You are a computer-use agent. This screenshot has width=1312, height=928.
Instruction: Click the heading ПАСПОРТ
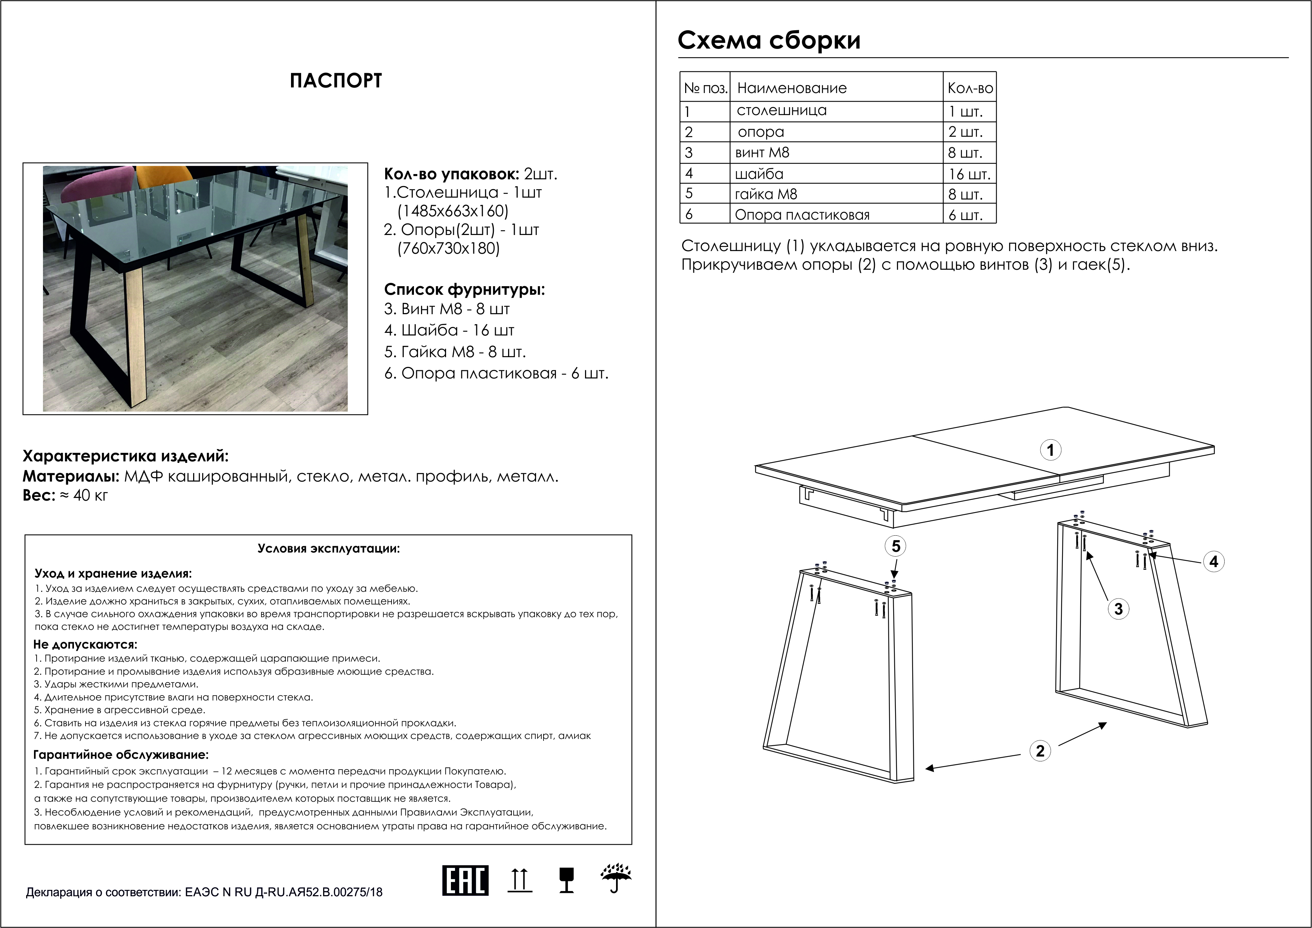tap(335, 81)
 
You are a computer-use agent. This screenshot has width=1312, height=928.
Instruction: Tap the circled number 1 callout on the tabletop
tap(1050, 450)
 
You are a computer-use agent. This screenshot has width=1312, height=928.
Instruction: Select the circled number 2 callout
tap(1040, 750)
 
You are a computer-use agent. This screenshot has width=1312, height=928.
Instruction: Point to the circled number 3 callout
tap(1118, 609)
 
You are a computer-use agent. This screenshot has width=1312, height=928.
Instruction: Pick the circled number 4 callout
tap(1214, 562)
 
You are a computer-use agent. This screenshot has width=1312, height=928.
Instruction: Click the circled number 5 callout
tap(896, 546)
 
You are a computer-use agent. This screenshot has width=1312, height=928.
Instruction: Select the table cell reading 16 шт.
tap(969, 174)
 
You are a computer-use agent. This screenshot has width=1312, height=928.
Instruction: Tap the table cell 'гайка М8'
tap(766, 194)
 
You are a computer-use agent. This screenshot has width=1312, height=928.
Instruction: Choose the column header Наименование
tap(792, 88)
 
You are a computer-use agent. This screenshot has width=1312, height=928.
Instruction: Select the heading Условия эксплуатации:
tap(329, 548)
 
